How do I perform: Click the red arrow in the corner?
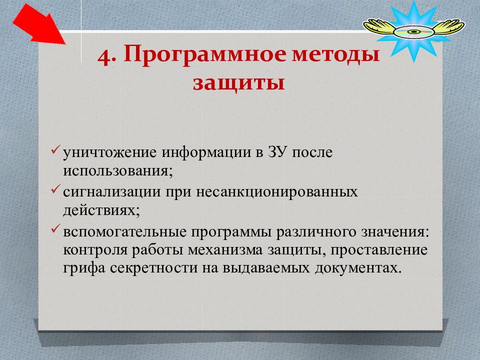click(39, 24)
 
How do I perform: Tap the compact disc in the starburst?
click(413, 32)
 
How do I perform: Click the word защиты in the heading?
click(239, 82)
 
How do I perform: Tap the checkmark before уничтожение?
click(55, 149)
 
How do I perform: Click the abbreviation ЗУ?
click(277, 152)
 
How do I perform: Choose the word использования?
click(118, 171)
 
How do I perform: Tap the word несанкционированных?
click(276, 192)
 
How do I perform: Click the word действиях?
click(101, 210)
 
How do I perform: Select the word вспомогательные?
click(125, 231)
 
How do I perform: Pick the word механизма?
click(225, 250)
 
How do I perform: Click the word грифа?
click(84, 268)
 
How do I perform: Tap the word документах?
click(358, 268)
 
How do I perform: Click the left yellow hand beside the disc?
click(379, 26)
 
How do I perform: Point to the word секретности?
click(153, 268)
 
